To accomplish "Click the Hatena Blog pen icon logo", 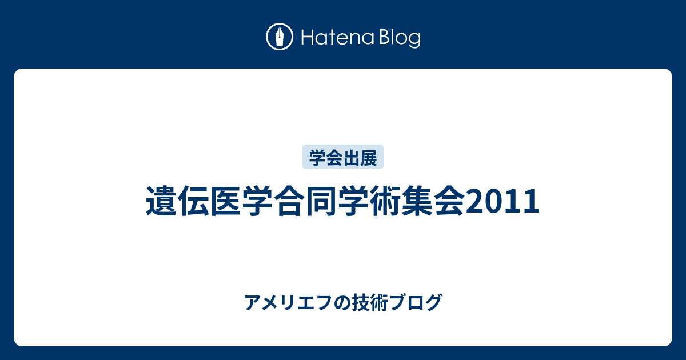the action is pos(280,37).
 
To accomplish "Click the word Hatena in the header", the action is pos(338,37).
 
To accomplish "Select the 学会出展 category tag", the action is pos(342,157).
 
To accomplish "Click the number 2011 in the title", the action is pos(502,201).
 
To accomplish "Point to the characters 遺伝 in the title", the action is pos(178,201).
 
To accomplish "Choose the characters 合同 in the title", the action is pos(305,201).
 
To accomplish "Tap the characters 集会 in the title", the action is pos(433,201).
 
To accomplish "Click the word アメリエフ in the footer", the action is pos(288,302).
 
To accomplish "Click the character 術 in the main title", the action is pos(385,201).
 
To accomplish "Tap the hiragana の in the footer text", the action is pos(342,303).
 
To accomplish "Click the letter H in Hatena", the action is pos(308,38).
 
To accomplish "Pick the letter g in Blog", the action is pos(414,40).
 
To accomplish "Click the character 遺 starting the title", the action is pos(162,201).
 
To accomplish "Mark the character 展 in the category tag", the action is pos(368,158).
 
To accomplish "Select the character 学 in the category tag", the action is pos(317,158).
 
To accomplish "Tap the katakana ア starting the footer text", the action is pos(252,302).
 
